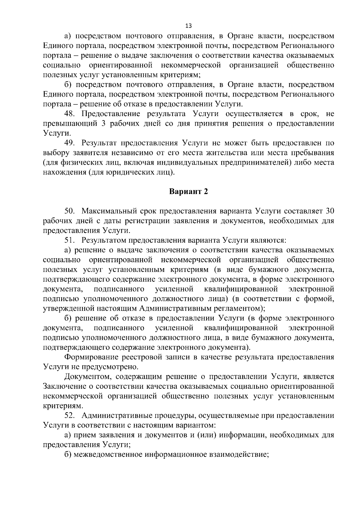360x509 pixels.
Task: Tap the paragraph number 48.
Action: pos(70,114)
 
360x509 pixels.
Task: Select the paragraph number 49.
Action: pos(70,143)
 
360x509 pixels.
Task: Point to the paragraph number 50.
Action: pos(70,211)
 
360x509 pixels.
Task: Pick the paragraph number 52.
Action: pos(70,416)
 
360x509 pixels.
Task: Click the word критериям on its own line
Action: pos(58,406)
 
